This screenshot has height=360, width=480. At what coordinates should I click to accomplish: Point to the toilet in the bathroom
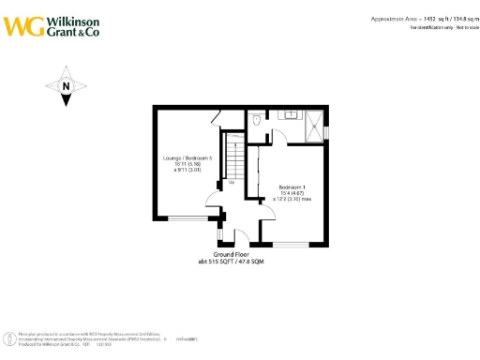257,119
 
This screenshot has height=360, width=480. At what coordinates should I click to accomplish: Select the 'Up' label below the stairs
232,183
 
